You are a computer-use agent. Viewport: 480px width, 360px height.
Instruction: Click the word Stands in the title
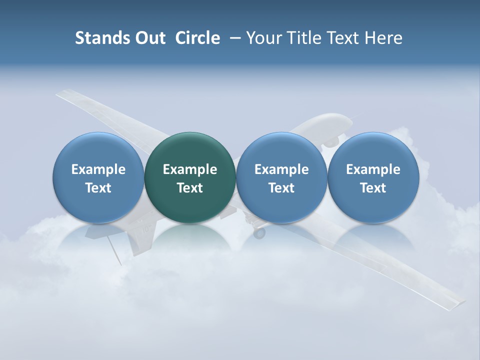tap(98, 38)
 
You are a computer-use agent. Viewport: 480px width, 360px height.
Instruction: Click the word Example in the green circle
tap(190, 169)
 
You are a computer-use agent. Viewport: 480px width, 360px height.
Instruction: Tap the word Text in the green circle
tap(190, 188)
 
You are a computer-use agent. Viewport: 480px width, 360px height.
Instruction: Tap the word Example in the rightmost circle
tap(373, 169)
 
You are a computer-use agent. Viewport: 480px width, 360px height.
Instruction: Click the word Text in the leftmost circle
tap(98, 188)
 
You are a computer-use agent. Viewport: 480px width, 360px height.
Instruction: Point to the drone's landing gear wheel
tap(259, 233)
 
